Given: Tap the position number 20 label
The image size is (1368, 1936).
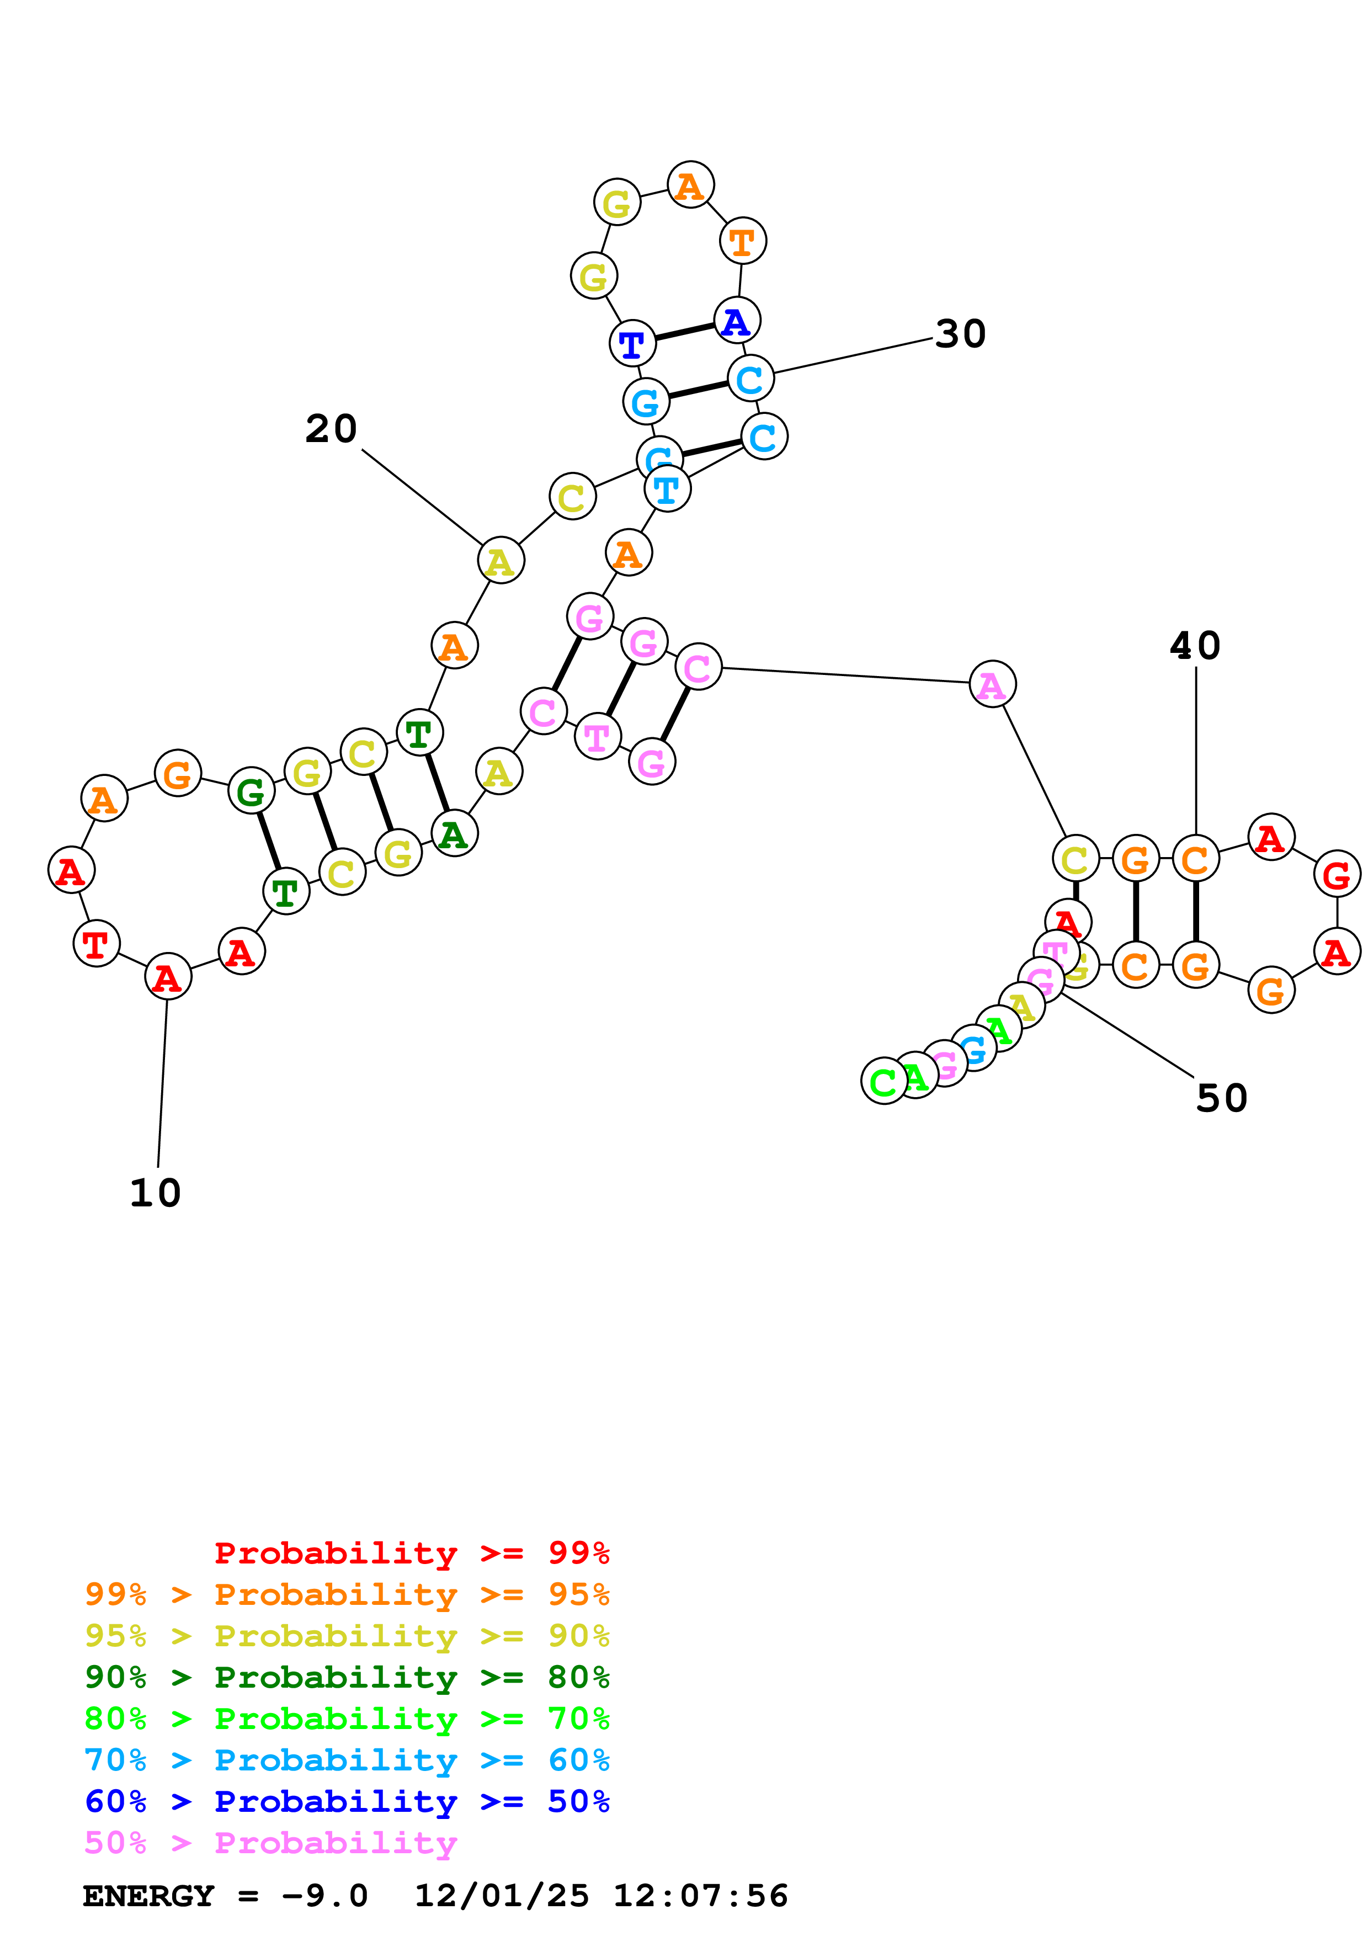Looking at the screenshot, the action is [x=331, y=429].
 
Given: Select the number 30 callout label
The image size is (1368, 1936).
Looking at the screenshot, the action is [x=960, y=335].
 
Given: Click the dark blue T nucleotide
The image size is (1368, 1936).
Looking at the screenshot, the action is [x=632, y=344].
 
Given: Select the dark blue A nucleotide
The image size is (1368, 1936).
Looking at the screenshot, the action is [x=737, y=321].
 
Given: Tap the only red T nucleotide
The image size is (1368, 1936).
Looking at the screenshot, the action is [x=96, y=944].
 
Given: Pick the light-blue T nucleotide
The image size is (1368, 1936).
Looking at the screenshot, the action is [x=667, y=489].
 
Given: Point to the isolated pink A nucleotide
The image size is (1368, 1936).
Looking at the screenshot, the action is [x=992, y=685].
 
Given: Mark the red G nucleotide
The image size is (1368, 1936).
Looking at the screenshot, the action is [x=1336, y=875].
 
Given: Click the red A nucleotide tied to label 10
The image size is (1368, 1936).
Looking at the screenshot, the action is [x=168, y=978].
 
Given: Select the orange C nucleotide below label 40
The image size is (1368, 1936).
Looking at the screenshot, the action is [x=1195, y=859].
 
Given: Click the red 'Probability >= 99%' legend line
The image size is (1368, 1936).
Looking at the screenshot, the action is [x=411, y=1553].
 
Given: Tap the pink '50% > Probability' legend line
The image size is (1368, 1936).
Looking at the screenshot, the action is [x=270, y=1843].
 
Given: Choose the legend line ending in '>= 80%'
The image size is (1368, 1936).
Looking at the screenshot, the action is [x=347, y=1678].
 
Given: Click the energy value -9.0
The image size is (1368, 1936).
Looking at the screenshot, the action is [x=326, y=1896].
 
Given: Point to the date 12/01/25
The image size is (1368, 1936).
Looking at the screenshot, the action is [x=502, y=1896].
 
